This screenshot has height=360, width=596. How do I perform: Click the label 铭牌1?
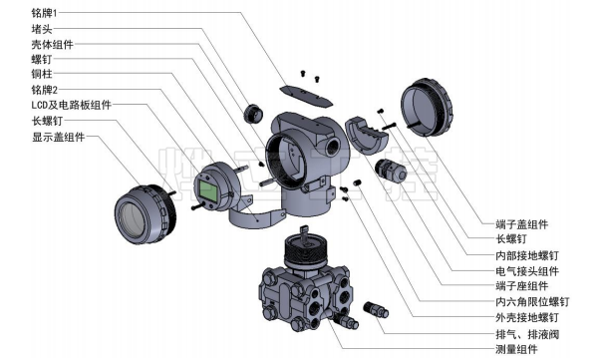44,13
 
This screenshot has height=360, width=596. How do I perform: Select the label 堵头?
42,29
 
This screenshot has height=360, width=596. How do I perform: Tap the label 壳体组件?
52,45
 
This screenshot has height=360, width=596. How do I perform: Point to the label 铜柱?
42,74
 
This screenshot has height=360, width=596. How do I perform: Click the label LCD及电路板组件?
72,105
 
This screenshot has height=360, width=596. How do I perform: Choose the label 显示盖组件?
58,137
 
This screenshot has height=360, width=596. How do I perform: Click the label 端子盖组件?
522,224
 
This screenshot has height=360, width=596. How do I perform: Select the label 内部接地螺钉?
527,255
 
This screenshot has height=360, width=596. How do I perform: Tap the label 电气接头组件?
527,271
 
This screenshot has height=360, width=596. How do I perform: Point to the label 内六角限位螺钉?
532,302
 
